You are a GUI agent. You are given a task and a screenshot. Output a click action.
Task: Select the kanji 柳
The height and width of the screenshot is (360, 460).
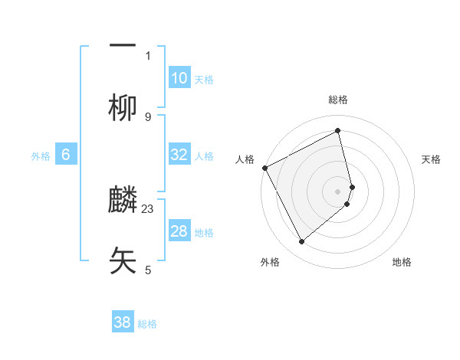(123, 108)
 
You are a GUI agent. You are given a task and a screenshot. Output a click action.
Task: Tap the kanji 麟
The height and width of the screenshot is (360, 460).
(123, 198)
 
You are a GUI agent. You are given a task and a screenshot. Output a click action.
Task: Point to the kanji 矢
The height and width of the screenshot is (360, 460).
(123, 260)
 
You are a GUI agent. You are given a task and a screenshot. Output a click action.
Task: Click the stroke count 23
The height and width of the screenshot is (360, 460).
(148, 208)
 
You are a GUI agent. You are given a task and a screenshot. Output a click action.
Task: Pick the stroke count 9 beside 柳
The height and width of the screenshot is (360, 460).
(148, 116)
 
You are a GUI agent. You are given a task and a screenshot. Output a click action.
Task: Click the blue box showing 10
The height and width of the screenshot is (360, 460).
(179, 78)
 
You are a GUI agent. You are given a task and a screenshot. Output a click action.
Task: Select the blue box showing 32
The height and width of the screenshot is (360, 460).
(179, 155)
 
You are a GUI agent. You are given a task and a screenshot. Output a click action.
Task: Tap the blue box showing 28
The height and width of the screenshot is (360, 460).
(179, 231)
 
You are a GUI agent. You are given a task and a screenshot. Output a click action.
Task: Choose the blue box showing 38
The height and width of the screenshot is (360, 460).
(123, 322)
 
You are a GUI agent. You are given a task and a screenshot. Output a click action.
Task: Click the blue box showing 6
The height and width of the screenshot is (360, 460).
(66, 155)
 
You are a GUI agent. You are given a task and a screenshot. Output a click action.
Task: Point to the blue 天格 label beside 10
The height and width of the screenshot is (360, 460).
(204, 80)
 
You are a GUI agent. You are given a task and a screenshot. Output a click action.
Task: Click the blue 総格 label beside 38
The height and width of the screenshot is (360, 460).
(147, 324)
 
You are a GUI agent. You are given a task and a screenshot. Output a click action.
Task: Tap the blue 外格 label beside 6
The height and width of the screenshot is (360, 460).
(41, 156)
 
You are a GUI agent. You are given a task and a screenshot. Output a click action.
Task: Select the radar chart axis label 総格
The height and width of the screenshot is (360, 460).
(338, 100)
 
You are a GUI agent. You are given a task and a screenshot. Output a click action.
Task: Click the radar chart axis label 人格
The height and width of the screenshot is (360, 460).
(245, 159)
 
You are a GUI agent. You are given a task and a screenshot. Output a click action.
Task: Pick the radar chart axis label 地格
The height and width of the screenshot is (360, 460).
(402, 262)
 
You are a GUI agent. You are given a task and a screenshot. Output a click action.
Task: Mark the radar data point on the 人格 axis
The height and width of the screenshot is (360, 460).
(264, 168)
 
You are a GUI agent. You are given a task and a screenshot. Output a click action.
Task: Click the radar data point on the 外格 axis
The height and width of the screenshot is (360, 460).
(301, 242)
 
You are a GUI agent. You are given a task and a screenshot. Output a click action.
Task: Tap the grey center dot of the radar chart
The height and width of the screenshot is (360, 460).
(338, 191)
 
